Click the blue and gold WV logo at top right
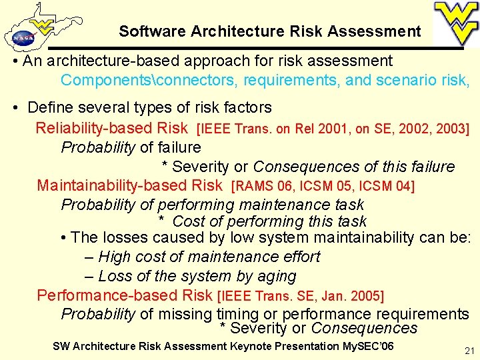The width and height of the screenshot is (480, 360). (456, 23)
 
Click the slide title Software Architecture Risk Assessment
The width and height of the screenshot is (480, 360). (270, 31)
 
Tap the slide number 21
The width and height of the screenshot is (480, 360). (469, 351)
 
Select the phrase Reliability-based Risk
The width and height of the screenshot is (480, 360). (112, 127)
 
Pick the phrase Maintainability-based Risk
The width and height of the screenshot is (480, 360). (129, 185)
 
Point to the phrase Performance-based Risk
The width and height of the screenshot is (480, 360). (125, 295)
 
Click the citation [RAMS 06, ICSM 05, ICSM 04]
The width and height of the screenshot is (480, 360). (322, 185)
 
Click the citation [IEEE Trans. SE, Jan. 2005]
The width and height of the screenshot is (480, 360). (301, 295)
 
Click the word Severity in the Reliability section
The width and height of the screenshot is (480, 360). (200, 166)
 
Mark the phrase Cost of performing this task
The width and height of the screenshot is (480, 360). (269, 221)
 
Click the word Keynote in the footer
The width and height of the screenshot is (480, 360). (251, 346)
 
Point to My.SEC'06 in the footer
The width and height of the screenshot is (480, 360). (368, 346)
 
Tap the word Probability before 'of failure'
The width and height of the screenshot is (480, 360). (98, 147)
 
